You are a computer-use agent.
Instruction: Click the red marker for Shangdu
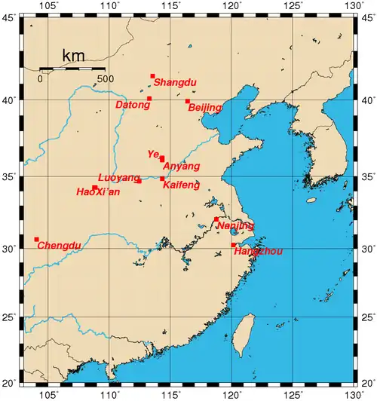coord(152,76)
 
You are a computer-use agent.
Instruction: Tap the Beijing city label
coord(205,108)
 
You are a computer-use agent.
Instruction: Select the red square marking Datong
coord(149,99)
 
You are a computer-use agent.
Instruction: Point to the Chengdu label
coord(58,245)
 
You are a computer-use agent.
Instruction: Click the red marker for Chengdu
coord(36,240)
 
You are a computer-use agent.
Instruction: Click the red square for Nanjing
coord(216,219)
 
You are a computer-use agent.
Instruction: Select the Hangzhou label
coord(257,251)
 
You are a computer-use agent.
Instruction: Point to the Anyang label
coord(182,166)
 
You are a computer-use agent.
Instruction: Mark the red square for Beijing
coord(188,101)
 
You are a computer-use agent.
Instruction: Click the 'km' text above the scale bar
coord(73,56)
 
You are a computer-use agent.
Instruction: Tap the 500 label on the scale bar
coord(105,78)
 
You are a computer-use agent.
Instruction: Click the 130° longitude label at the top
coord(350,6)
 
